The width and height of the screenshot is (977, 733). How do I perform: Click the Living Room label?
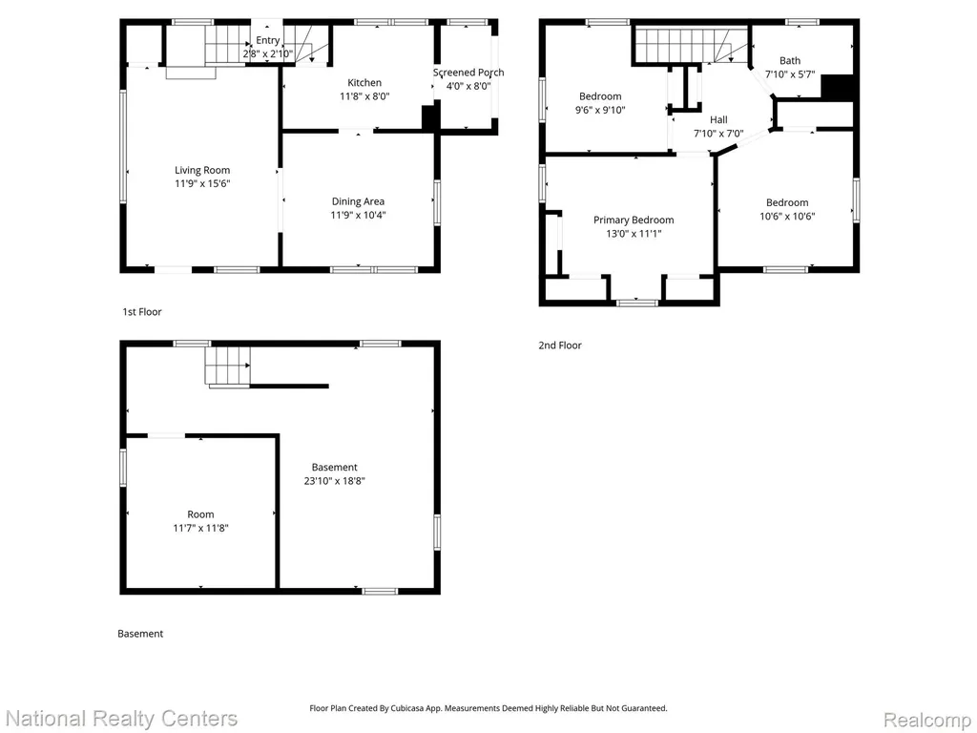tap(202, 170)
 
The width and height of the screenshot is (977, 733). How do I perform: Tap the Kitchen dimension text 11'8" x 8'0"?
tap(364, 96)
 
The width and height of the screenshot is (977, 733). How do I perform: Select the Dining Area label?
tap(358, 201)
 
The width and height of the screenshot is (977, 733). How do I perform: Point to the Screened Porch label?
tap(468, 73)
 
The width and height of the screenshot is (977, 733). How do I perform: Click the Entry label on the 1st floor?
tap(267, 40)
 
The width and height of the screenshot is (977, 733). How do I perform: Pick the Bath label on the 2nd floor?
tap(790, 60)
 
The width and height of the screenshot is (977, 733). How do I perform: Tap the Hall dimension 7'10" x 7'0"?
tap(718, 134)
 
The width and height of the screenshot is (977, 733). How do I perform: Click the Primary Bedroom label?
tap(634, 220)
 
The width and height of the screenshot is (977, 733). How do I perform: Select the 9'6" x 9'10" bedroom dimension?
tap(600, 110)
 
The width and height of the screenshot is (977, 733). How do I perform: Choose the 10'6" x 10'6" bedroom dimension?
tap(787, 217)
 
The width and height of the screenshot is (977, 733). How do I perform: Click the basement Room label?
tap(200, 514)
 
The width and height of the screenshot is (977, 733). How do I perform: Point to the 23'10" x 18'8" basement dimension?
tap(335, 481)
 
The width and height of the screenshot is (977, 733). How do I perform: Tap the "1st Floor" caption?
tap(142, 312)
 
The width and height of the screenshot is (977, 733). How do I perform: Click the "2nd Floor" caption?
tap(560, 346)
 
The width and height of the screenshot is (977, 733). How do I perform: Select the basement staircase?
tap(227, 366)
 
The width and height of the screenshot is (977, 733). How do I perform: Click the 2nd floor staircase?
tap(692, 45)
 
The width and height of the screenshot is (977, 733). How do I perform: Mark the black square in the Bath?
tap(837, 87)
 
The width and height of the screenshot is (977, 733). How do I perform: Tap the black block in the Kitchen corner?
tap(429, 117)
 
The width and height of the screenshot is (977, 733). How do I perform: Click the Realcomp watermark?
tap(927, 720)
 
